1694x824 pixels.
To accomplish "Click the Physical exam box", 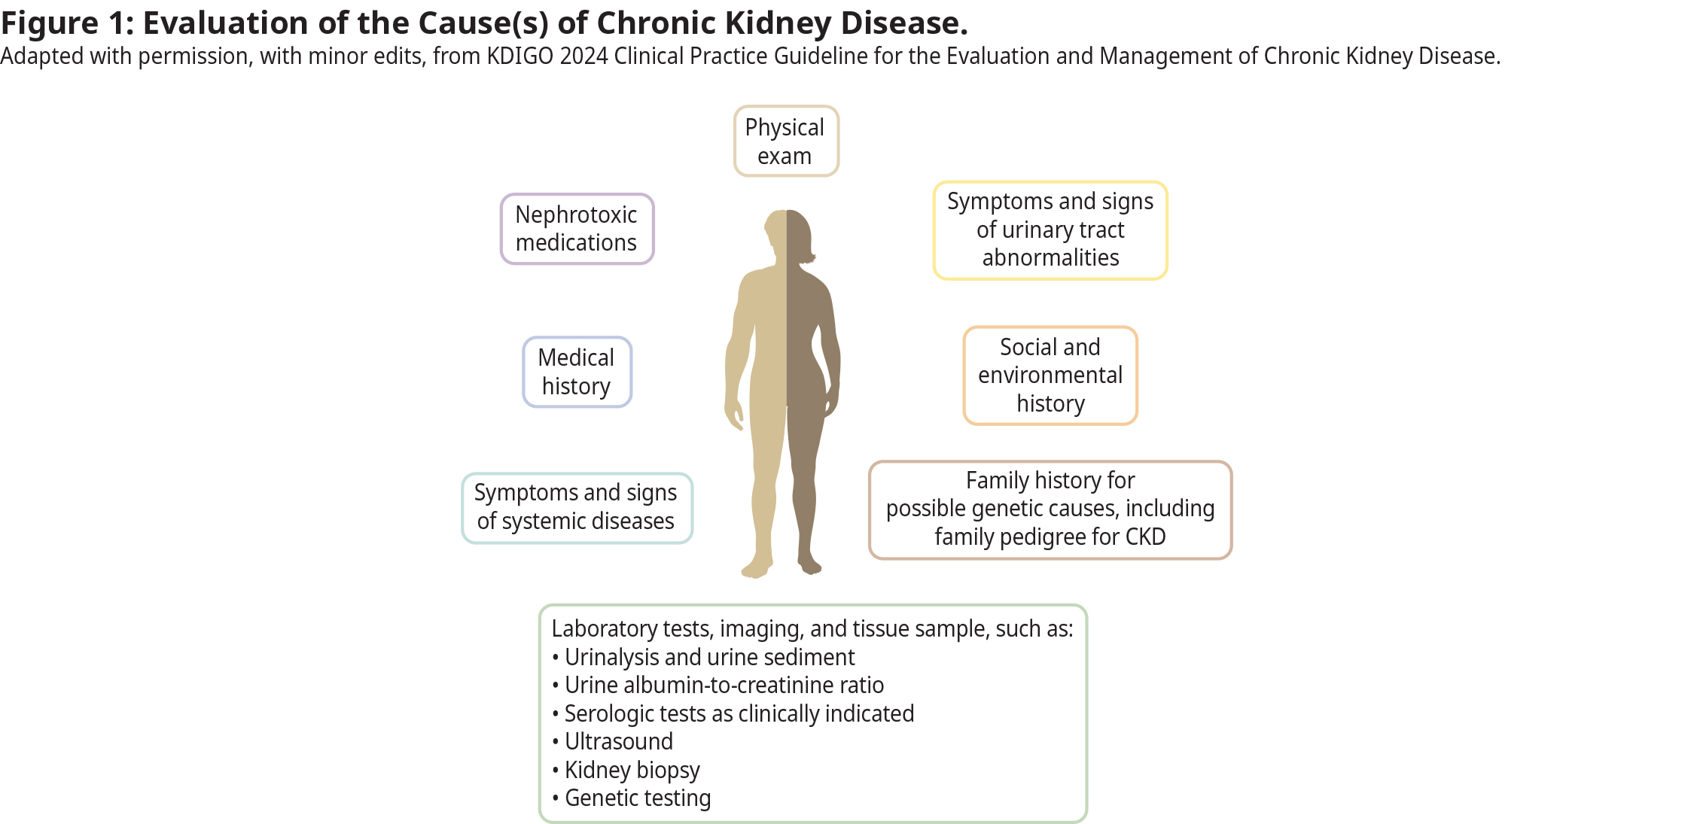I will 786,141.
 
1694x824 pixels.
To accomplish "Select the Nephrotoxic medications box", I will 577,229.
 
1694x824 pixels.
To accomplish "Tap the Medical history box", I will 577,372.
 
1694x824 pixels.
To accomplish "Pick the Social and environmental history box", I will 1050,376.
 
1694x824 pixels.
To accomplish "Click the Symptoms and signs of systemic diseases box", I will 577,507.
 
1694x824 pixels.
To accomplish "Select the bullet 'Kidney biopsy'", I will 632,770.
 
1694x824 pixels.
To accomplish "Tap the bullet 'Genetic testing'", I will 637,798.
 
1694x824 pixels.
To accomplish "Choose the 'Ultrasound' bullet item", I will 618,742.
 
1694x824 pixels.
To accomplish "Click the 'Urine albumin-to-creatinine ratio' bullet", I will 724,686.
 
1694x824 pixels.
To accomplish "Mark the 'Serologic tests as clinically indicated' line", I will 739,714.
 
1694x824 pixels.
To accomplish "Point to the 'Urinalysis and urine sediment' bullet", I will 709,658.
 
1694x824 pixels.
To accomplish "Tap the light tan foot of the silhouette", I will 757,567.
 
